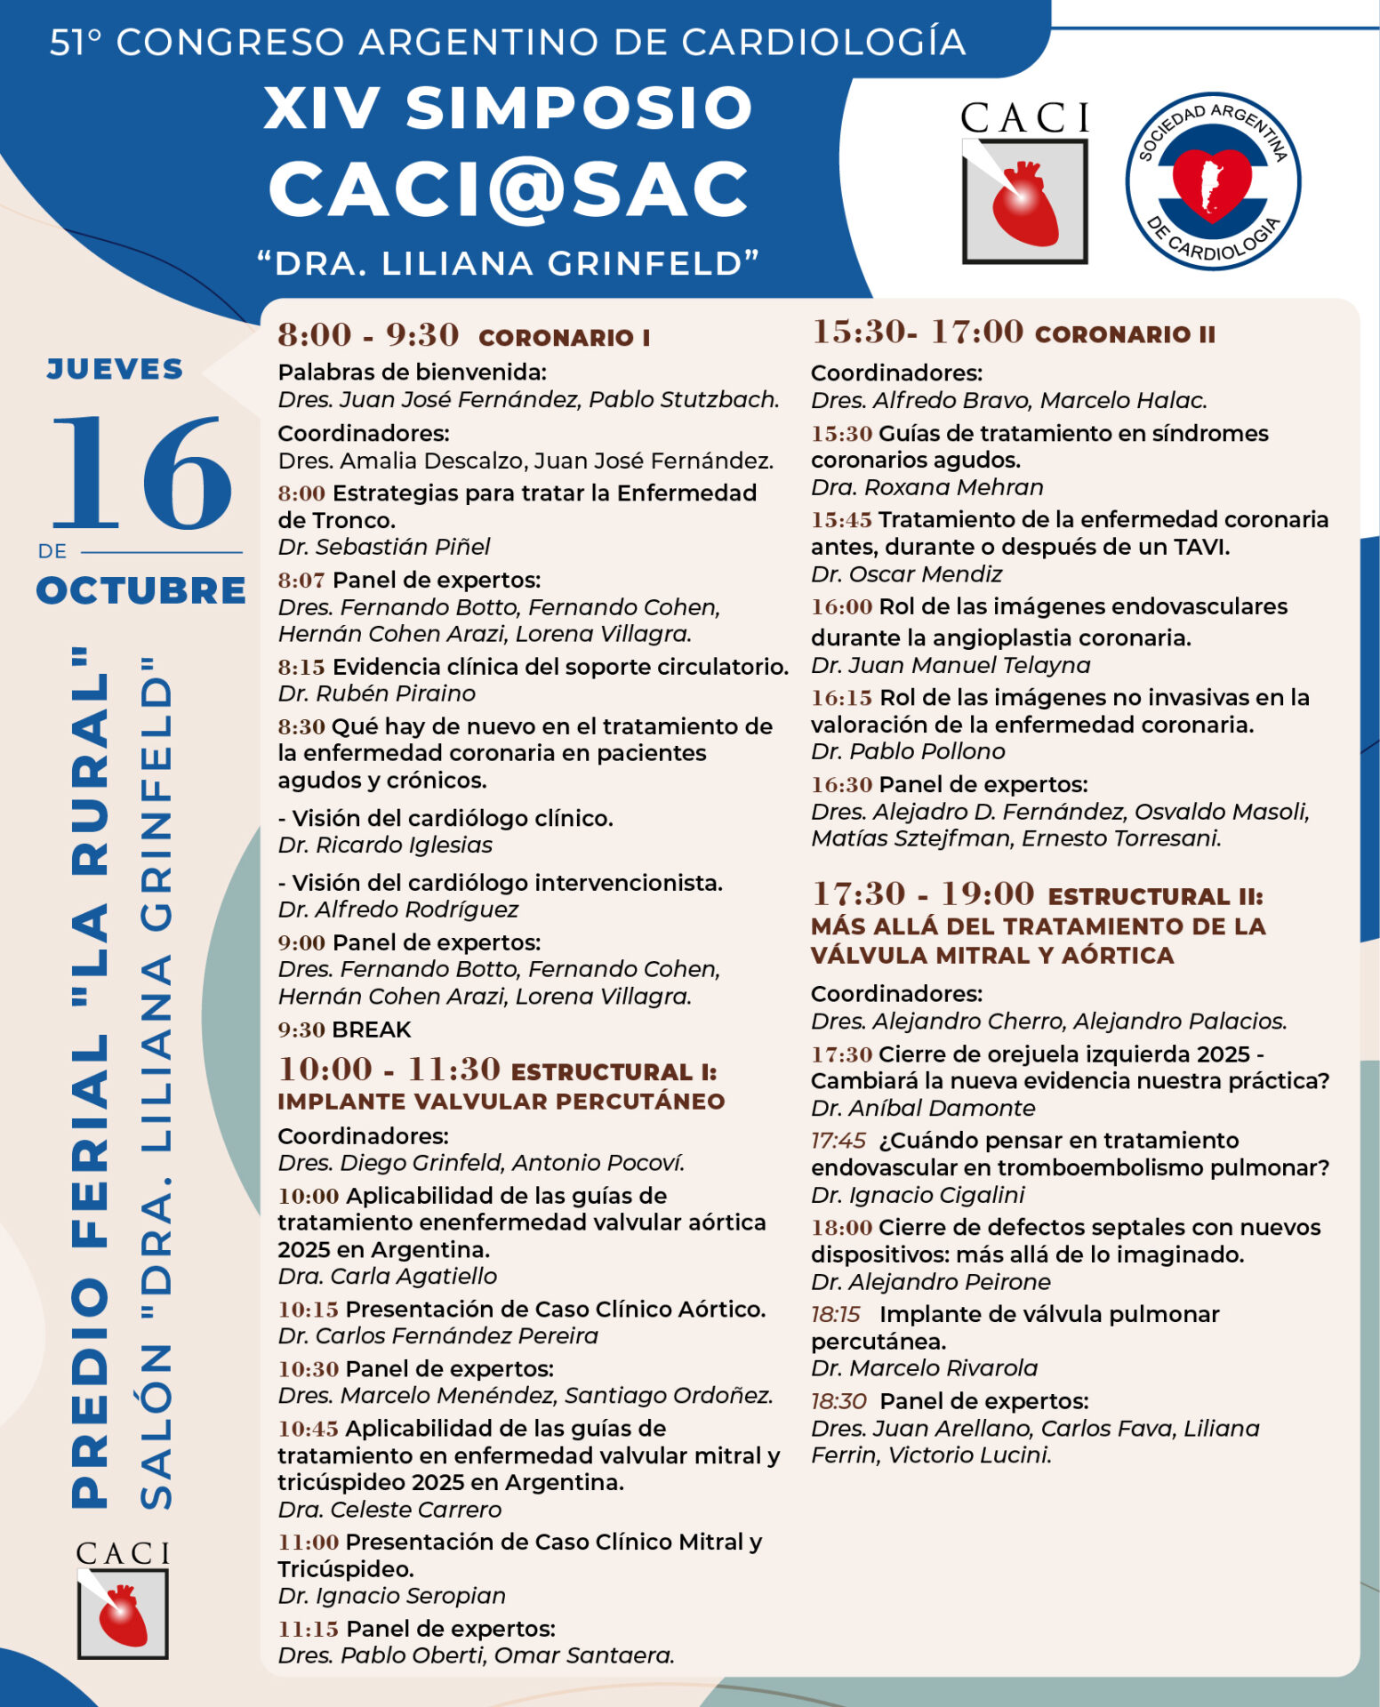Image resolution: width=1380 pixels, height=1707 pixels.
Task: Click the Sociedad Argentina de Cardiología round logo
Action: click(1213, 181)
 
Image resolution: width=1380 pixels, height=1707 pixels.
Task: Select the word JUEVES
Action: click(116, 369)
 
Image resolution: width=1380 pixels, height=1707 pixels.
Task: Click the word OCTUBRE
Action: click(141, 590)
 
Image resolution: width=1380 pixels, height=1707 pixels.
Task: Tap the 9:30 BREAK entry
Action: click(345, 1030)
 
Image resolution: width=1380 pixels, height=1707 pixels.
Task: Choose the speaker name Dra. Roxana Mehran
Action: click(927, 487)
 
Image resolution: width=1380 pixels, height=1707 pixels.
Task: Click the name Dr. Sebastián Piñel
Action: click(384, 547)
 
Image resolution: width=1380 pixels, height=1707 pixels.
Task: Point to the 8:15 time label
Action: click(301, 667)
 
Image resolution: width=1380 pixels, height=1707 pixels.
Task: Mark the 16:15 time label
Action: click(841, 698)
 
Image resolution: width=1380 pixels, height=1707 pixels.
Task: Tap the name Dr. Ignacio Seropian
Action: click(391, 1596)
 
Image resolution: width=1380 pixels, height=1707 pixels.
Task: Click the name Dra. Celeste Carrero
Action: click(389, 1510)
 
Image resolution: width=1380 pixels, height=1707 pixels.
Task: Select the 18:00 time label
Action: click(841, 1228)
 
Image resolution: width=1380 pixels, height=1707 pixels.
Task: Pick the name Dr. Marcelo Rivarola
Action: click(924, 1368)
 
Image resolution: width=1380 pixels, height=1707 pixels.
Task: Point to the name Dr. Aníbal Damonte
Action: click(923, 1108)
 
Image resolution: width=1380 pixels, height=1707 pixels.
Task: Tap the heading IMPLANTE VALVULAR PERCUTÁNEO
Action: click(501, 1101)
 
